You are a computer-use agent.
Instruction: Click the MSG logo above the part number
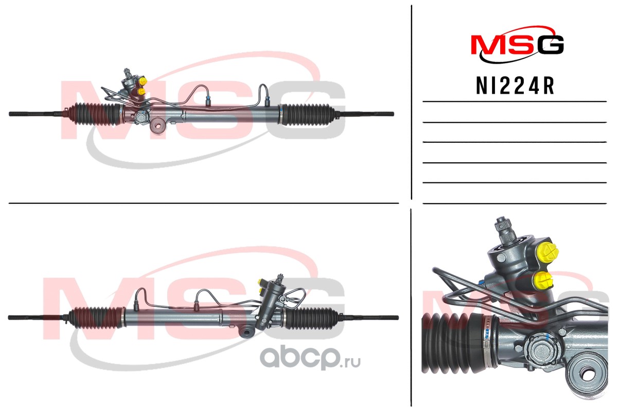click(518, 44)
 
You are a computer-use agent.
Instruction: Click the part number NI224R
click(515, 86)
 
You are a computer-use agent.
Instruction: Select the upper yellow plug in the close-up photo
click(548, 251)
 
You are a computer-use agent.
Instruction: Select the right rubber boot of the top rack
click(307, 115)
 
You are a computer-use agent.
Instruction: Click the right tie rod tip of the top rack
click(392, 115)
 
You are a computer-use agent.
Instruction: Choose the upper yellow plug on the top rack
click(143, 82)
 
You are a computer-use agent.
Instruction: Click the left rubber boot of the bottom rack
click(96, 316)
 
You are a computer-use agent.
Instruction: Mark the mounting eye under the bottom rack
click(247, 331)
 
